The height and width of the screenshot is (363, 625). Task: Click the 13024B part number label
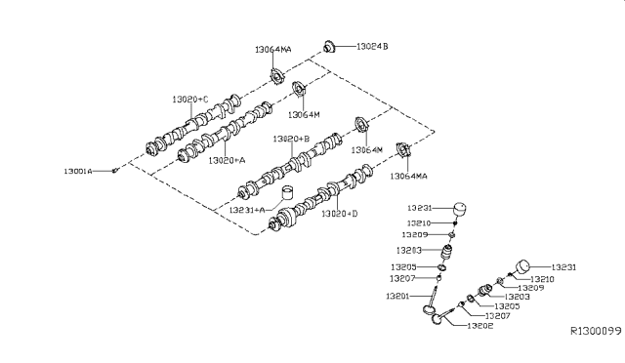tap(372, 45)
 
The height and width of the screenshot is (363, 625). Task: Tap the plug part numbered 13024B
tap(330, 45)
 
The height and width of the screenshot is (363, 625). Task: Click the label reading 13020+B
tap(291, 140)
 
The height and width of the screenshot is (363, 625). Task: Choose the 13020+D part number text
tap(341, 212)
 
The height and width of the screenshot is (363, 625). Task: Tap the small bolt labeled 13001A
tap(115, 171)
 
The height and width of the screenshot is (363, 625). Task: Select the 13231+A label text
tap(248, 210)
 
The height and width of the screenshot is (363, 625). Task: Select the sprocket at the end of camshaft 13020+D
tap(400, 150)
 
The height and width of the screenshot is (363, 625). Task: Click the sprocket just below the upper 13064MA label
tap(276, 74)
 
